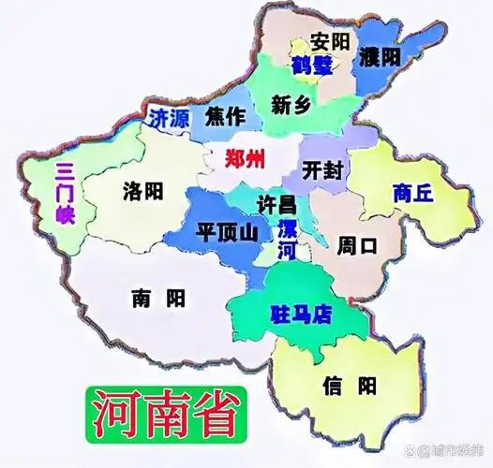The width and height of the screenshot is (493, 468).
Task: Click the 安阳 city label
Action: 330,42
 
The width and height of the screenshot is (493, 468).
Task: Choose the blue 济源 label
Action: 170,118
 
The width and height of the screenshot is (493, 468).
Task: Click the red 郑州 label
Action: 246,156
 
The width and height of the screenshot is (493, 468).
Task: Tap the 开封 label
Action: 324,169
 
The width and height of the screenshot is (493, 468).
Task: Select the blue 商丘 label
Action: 413,194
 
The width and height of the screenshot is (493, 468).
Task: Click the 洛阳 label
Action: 142,193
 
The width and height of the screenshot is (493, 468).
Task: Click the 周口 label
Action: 357,246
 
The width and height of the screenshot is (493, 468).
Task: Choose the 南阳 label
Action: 157,299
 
